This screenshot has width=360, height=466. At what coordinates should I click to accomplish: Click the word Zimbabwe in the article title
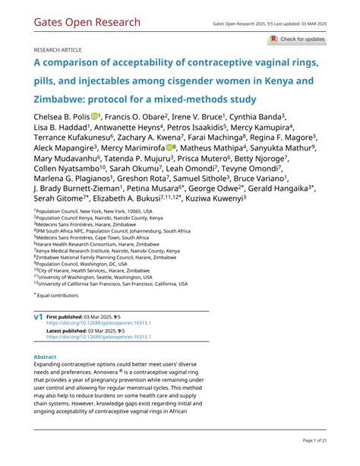tap(67, 99)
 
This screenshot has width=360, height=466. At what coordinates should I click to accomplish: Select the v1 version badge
tap(38, 315)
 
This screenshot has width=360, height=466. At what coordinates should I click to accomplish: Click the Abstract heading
tap(46, 356)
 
